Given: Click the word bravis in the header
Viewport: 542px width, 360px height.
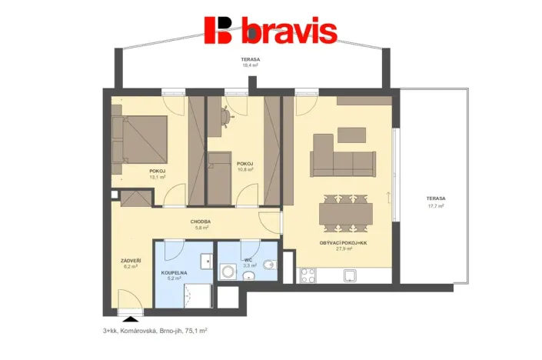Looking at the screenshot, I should (289, 32).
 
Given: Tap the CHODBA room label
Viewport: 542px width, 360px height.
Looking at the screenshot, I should (201, 222).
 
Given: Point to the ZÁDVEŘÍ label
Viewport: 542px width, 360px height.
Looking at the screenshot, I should (131, 260).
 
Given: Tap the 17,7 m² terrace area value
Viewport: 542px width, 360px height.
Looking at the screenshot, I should (436, 205).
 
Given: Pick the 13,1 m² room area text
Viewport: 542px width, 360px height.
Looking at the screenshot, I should (158, 177).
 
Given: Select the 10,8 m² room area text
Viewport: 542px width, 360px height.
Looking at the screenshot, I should (244, 169).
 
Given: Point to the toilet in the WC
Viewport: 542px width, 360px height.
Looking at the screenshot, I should (268, 265).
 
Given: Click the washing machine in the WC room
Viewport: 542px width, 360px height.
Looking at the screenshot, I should (228, 272).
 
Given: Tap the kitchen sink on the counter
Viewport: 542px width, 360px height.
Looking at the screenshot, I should (351, 275).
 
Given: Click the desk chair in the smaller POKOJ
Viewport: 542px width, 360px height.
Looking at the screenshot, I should (226, 116).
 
